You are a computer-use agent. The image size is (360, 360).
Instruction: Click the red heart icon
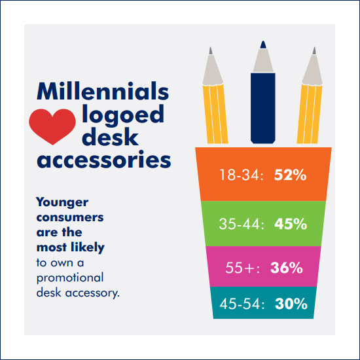[52, 126]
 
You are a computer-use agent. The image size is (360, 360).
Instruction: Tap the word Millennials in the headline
[103, 91]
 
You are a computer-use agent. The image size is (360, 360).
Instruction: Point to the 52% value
[290, 175]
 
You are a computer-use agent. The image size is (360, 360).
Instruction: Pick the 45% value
[291, 224]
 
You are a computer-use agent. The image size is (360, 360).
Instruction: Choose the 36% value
[287, 268]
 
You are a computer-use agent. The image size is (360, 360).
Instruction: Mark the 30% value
[291, 304]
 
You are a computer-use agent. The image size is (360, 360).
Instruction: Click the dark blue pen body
[263, 108]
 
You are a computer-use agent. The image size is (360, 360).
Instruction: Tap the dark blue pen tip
[263, 45]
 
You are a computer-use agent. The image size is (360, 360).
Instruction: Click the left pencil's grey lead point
[211, 51]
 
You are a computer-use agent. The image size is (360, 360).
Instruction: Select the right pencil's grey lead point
[314, 51]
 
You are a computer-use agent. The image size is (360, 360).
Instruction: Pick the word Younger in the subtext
[62, 203]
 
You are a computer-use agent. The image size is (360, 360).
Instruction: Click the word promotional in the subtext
[70, 278]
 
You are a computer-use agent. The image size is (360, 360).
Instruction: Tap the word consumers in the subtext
[70, 217]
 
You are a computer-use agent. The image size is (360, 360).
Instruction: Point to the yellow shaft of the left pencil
[215, 114]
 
